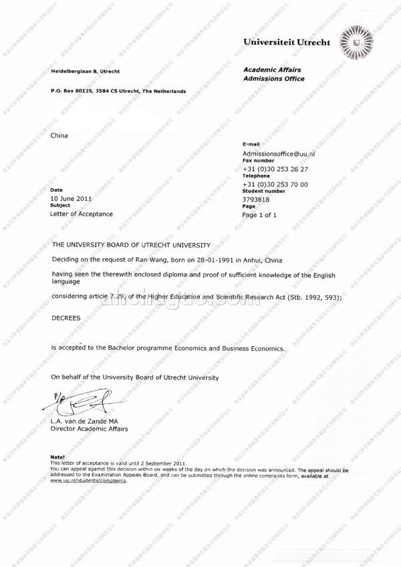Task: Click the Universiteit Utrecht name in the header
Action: point(287,42)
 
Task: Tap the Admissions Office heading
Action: point(273,79)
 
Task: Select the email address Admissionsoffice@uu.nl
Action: point(279,154)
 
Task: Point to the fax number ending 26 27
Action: point(275,169)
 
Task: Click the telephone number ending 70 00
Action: point(275,184)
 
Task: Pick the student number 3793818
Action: point(256,199)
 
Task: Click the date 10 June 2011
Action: point(72,198)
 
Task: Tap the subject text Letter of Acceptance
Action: point(82,214)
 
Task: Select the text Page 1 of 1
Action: point(259,215)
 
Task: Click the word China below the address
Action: point(59,136)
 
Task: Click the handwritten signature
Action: point(72,403)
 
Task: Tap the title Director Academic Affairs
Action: point(89,429)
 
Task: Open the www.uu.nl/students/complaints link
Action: point(88,480)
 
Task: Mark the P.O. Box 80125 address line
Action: point(118,91)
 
